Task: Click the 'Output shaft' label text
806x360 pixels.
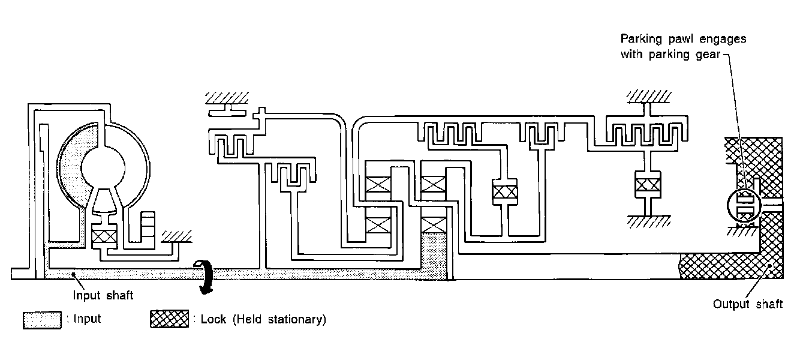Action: point(747,304)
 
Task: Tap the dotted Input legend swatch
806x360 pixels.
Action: point(42,319)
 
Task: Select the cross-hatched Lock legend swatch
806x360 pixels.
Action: point(169,319)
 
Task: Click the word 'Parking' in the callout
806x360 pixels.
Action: point(639,39)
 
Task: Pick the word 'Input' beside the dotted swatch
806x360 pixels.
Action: point(87,319)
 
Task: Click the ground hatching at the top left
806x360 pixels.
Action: point(227,97)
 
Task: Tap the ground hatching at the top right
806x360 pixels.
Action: point(647,95)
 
